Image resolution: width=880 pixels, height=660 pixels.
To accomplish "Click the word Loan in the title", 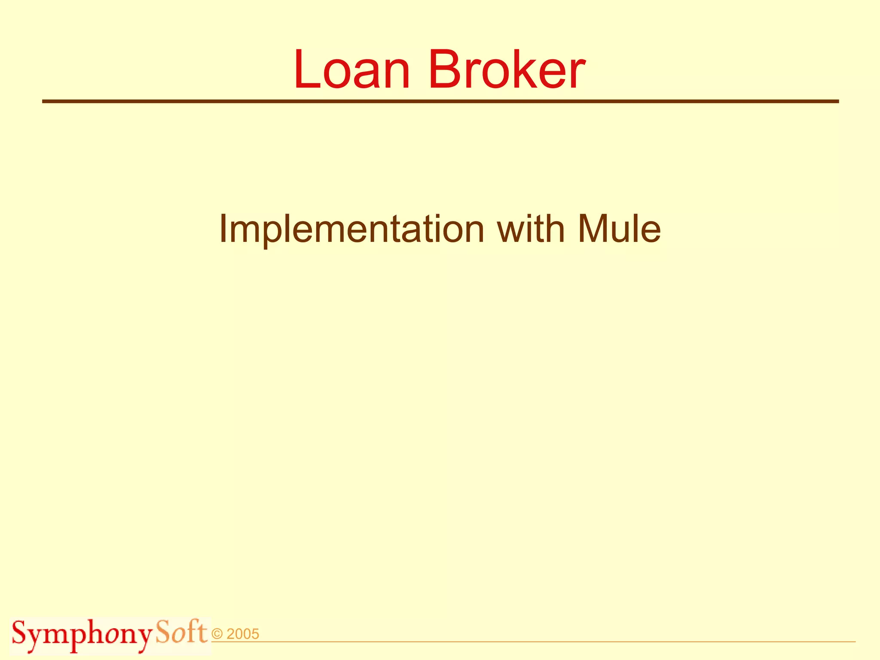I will coord(351,70).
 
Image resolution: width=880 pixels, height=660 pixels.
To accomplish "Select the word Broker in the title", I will coord(506,70).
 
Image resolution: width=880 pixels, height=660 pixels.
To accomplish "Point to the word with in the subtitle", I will coord(530,229).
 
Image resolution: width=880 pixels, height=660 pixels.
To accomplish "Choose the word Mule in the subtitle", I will coord(619,229).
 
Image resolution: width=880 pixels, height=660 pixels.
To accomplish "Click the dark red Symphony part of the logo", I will coord(82,635).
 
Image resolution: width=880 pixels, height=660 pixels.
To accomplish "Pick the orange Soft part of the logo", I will coord(181,632).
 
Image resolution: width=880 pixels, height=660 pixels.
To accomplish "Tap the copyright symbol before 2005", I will coord(217,634).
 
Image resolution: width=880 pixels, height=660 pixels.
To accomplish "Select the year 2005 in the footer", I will coord(243,634).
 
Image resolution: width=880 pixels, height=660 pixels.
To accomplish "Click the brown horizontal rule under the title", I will coord(440,101).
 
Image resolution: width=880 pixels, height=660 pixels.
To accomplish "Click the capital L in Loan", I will coord(306,70).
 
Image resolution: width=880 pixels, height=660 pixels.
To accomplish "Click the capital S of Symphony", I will coord(20,633).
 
